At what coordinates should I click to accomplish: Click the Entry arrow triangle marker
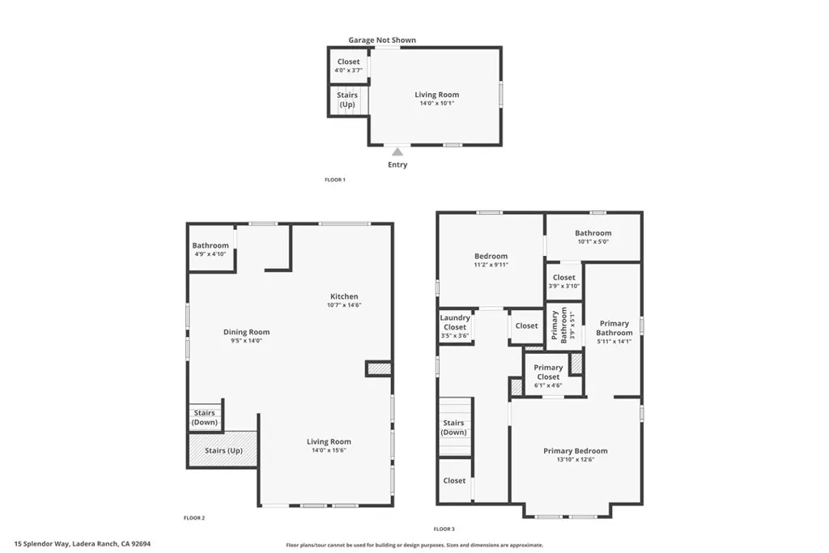click(x=397, y=151)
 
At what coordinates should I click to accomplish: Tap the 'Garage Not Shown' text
click(x=382, y=40)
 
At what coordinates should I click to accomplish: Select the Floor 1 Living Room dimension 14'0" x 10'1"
click(x=436, y=104)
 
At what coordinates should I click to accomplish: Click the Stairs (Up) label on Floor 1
click(x=347, y=100)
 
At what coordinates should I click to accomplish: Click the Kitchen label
click(x=343, y=296)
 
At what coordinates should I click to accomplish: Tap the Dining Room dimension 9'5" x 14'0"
click(x=246, y=341)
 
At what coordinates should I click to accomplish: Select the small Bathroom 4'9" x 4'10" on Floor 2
click(x=210, y=249)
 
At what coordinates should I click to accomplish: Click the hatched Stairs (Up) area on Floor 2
click(x=223, y=450)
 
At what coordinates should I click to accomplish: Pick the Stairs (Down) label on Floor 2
click(x=205, y=418)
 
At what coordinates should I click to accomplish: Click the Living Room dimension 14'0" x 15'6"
click(x=329, y=451)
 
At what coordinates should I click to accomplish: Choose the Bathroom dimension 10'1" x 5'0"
click(x=593, y=241)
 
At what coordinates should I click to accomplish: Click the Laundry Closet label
click(x=455, y=323)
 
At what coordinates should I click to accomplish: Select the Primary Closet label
click(x=548, y=372)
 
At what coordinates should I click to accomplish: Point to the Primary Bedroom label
click(x=575, y=451)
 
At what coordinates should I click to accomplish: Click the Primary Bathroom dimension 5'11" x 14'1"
click(x=614, y=342)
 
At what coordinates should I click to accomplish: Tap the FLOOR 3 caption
click(x=444, y=529)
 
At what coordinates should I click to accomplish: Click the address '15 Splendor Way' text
click(x=42, y=544)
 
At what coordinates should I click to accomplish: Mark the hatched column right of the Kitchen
click(x=379, y=368)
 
